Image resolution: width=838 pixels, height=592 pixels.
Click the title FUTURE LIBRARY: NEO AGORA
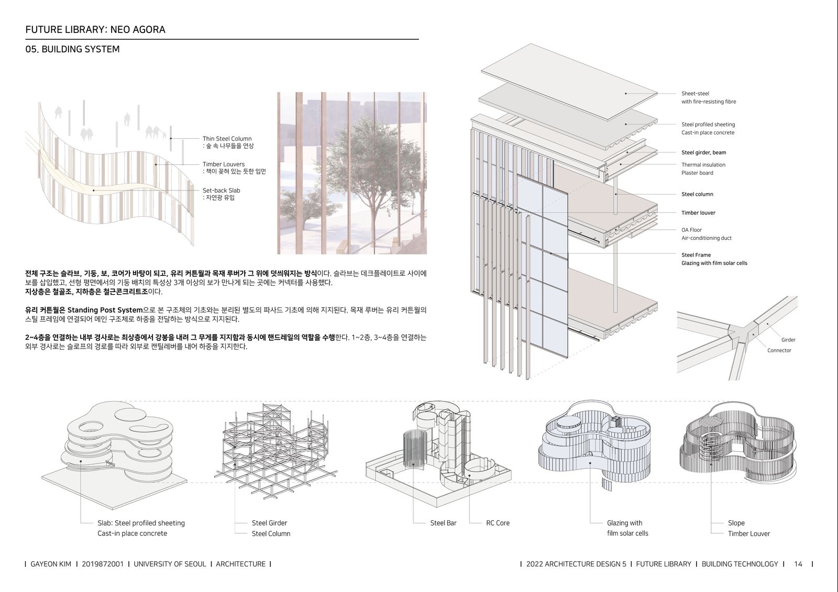coord(95,29)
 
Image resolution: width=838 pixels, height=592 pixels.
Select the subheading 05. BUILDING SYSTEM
coord(73,49)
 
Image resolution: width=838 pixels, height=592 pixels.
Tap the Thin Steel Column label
coord(227,139)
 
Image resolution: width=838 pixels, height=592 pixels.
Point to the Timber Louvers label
coord(223,164)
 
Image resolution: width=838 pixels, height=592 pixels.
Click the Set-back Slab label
coord(221,191)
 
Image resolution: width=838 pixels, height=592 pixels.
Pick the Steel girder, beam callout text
coord(704,153)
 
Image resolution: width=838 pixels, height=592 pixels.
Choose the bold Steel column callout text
coord(697,194)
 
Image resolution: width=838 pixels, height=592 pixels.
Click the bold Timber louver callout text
coord(698,213)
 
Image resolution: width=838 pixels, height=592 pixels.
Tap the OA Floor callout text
coord(691,230)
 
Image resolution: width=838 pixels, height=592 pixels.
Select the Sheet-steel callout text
coord(695,94)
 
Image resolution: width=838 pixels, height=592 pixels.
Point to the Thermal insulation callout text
coord(703,164)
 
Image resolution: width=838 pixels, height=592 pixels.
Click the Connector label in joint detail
coord(779,350)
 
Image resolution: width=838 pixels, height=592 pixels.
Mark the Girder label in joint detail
coord(788,340)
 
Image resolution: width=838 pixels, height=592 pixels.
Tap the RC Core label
coord(498,523)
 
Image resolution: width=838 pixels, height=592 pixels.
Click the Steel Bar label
coord(443,523)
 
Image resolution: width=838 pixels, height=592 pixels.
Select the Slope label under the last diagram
coord(736,523)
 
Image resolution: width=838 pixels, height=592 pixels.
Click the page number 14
coord(798,564)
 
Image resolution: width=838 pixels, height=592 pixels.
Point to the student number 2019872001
coord(103,564)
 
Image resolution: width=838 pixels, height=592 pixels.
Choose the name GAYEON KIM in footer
coord(50,564)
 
